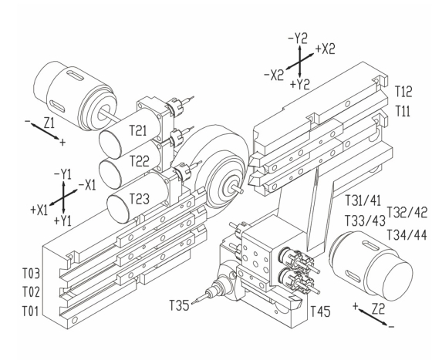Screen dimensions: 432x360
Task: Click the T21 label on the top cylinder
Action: point(138,130)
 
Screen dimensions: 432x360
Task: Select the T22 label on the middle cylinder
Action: point(140,161)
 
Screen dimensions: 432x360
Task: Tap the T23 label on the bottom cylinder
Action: point(140,199)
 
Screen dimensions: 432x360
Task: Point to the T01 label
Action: point(31,311)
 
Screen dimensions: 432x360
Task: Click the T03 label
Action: point(31,274)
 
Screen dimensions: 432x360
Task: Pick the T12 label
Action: point(403,92)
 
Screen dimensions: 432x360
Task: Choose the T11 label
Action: point(403,111)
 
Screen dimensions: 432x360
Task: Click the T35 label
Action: point(179,305)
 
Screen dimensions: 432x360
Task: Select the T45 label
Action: point(320,311)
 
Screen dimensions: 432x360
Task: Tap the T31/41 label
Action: point(363,200)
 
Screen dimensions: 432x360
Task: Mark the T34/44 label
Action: point(407,235)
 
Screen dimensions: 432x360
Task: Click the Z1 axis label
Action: point(49,123)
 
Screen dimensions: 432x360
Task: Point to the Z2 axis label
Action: point(378,310)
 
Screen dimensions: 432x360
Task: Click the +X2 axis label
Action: point(325,49)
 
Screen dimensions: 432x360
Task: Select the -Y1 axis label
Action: point(62,174)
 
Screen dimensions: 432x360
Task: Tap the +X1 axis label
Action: point(39,210)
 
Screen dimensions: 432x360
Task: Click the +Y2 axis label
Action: point(300,84)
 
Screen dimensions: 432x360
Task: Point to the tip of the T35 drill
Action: point(192,303)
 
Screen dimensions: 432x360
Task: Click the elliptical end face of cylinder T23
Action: point(118,209)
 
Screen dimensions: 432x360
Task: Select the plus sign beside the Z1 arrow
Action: point(62,143)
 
